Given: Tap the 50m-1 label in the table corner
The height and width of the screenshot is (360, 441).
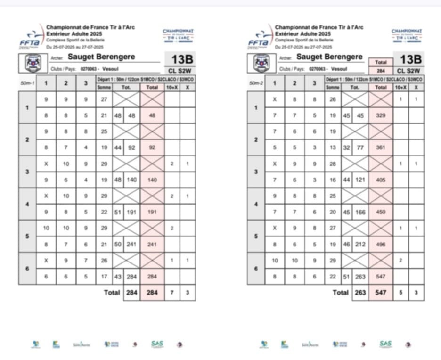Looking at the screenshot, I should pos(27,84).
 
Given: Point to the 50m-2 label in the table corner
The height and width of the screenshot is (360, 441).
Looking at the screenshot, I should pos(256,84).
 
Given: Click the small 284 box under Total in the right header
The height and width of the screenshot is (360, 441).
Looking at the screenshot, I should pos(381,71).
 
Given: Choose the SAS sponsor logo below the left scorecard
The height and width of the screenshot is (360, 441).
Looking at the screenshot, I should pos(157,344).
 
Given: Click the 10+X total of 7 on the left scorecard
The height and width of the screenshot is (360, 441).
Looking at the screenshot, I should pos(172,293).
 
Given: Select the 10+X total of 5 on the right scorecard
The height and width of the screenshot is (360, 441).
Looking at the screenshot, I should pos(400,293).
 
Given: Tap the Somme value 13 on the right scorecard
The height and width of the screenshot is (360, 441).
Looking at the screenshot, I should pos(333,147).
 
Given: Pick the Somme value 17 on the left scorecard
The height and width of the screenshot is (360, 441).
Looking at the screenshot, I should pos(104,276).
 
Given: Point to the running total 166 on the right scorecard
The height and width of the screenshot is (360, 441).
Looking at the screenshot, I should pos(361,212).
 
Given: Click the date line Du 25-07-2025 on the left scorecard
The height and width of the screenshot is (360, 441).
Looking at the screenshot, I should pos(74,47).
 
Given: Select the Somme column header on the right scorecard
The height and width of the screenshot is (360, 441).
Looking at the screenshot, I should pos(333,87).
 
